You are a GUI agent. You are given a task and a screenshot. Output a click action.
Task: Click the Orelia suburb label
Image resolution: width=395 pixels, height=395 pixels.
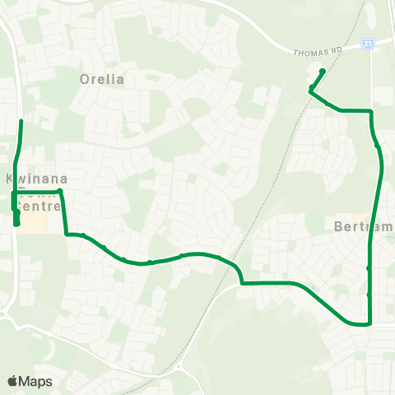pos(102,80)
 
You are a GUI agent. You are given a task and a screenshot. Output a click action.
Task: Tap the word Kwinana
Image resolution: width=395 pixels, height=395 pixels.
pos(35,179)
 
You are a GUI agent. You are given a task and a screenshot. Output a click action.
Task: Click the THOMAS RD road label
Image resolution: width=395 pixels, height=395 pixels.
pos(316,52)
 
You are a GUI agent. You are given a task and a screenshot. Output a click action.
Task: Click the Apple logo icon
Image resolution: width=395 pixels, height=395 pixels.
pos(13,380)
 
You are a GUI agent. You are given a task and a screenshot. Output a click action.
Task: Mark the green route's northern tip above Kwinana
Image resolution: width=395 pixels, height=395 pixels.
pos(21,122)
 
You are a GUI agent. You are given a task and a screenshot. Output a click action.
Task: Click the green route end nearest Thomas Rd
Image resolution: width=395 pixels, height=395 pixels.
pos(323,72)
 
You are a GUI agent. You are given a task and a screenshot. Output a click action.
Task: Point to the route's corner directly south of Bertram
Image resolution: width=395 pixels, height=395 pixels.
pos(369,323)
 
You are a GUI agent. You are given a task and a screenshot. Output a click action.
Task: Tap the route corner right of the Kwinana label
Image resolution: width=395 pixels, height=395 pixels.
pos(60,191)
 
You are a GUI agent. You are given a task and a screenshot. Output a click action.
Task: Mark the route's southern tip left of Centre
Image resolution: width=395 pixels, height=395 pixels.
pos(17,223)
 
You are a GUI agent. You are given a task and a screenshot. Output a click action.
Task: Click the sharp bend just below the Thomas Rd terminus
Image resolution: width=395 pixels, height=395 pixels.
pos(310,91)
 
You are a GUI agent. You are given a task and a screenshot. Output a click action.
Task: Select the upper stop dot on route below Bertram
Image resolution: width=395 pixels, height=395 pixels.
pos(369,268)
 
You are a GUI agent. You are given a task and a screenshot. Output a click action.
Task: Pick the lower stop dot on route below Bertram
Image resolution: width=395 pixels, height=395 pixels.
pos(369,295)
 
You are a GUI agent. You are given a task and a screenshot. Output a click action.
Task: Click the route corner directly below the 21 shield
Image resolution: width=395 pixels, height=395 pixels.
pos(371,110)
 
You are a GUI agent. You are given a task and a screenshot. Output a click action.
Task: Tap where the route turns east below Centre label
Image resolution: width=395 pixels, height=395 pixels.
pos(66,234)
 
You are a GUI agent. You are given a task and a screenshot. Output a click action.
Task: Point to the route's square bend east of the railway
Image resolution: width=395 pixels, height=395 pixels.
pos(242,284)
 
